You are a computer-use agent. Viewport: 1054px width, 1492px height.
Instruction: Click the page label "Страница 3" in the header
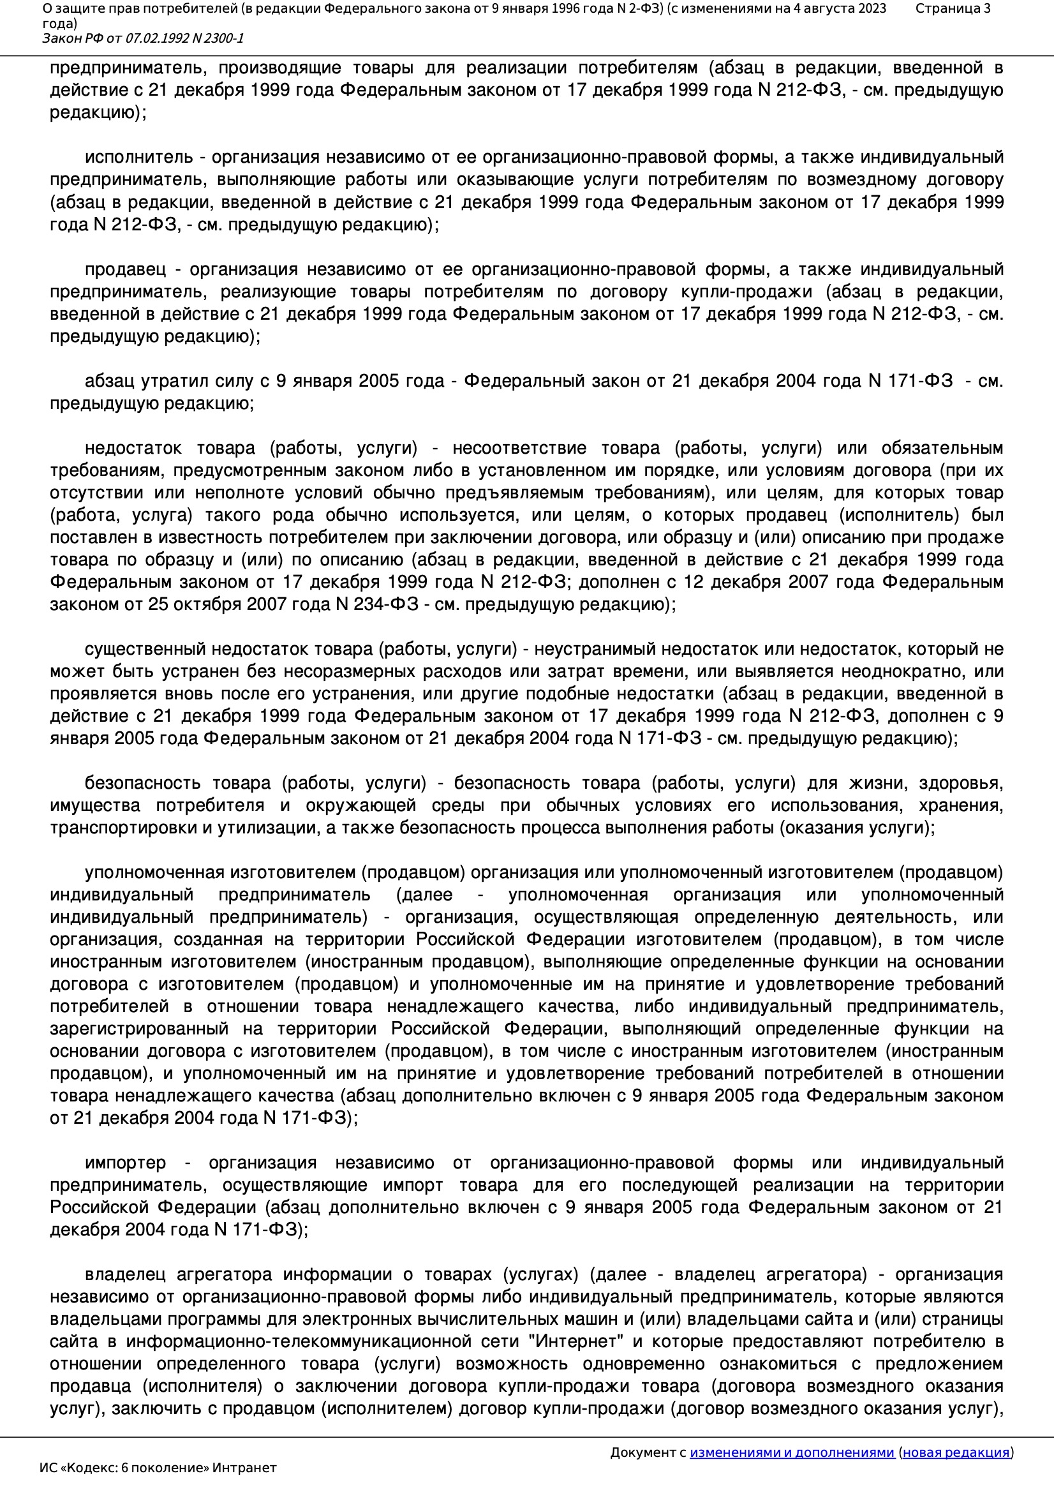[x=953, y=9]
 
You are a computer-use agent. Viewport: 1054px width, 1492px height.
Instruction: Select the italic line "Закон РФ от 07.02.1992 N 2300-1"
[x=143, y=38]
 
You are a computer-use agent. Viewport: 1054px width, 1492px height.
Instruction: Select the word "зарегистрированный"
[x=139, y=1029]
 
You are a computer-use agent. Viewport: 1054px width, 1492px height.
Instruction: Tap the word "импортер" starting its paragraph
[x=126, y=1163]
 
